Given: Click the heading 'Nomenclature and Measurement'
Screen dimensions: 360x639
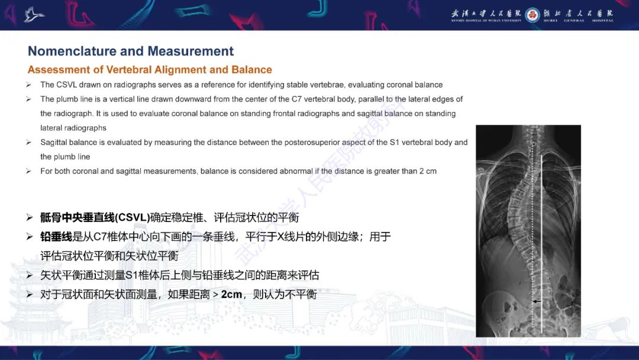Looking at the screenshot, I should point(131,51).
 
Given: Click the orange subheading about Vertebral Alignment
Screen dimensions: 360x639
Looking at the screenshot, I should point(150,70).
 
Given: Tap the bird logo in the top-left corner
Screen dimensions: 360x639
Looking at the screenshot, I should point(34,14).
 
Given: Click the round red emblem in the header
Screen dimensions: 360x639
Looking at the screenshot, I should point(532,15).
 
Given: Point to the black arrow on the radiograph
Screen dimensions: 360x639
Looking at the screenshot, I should point(536,301).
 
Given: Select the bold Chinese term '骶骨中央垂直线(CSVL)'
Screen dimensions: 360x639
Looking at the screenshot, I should point(95,217).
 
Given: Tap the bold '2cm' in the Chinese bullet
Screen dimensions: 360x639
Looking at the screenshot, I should point(232,294).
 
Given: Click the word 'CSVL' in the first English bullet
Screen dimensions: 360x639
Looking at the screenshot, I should point(69,85).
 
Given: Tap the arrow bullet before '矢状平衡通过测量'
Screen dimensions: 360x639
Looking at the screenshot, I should point(30,275).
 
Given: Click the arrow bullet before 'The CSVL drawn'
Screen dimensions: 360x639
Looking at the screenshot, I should point(28,85).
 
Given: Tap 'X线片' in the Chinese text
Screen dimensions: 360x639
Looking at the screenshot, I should point(292,237).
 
